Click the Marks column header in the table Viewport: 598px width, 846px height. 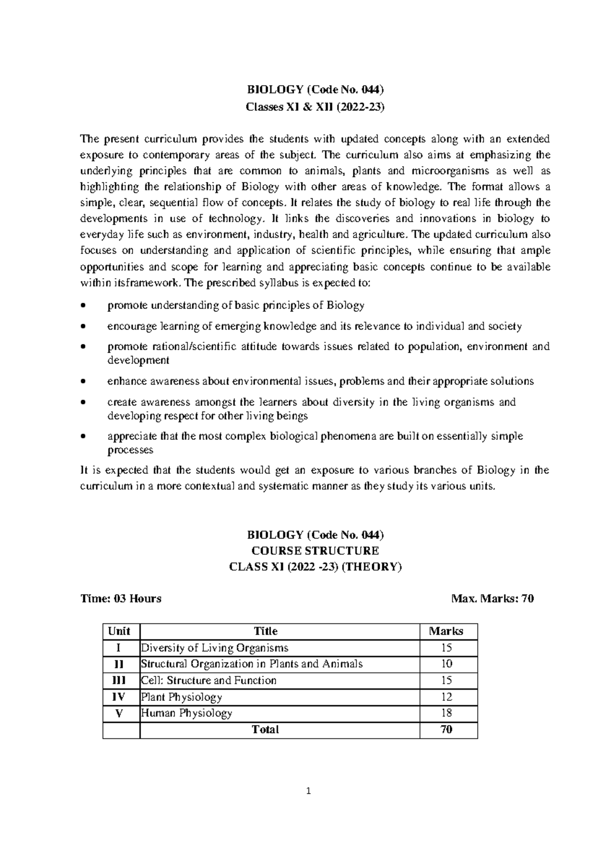(446, 631)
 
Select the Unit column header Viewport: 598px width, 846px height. (119, 631)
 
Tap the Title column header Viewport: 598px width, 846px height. (266, 631)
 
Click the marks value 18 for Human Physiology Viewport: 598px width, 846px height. (447, 713)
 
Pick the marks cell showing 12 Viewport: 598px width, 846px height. (447, 696)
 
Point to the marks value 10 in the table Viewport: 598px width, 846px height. (447, 664)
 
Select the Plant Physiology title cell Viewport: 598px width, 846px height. (182, 697)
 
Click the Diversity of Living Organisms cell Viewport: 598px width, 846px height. (215, 648)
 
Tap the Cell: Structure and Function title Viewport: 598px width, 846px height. (209, 680)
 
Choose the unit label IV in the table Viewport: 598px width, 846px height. (119, 696)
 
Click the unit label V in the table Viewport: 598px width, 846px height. (119, 713)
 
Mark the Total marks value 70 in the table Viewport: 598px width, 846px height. (447, 729)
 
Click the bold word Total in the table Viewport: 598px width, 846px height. (266, 729)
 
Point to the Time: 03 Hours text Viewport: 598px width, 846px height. (121, 599)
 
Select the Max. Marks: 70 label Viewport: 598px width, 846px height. (492, 599)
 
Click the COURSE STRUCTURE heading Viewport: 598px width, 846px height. (315, 551)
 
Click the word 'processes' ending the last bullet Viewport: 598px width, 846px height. (131, 450)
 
